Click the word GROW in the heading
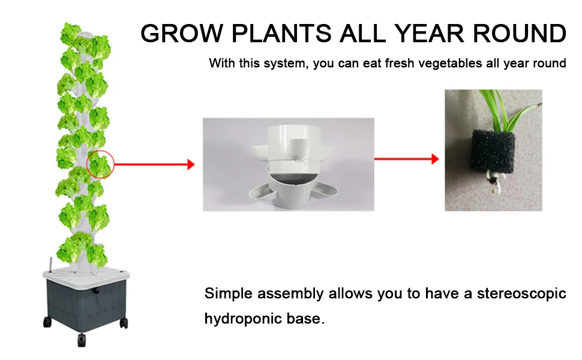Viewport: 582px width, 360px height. tap(182, 34)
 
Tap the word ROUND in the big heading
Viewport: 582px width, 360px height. tap(519, 34)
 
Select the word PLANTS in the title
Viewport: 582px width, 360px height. tap(281, 34)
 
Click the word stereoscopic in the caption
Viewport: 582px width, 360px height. tap(521, 294)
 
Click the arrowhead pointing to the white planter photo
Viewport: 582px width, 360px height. tap(191, 164)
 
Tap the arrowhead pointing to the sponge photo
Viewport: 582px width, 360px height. tap(435, 159)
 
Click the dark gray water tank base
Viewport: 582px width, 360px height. tap(87, 304)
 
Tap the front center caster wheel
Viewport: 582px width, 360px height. tap(81, 340)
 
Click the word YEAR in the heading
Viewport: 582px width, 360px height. tap(429, 34)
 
